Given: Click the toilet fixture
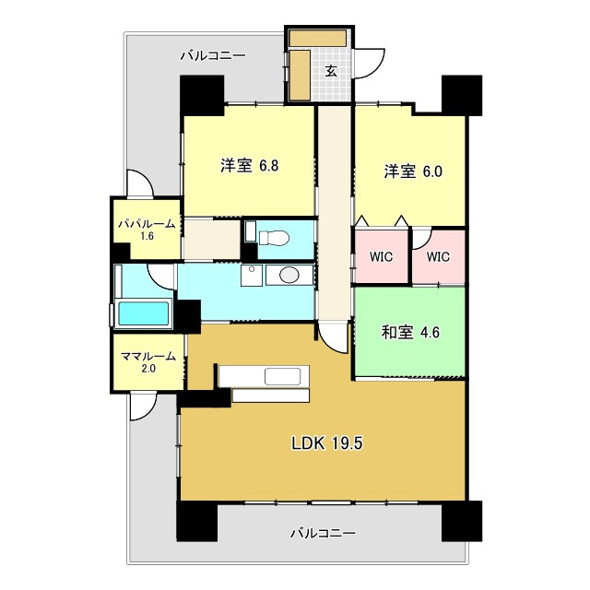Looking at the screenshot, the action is coord(274,238).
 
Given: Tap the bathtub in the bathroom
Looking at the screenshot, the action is coord(144,313).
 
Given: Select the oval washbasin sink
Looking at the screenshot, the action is coord(289,275).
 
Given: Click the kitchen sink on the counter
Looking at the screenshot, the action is coord(283,376).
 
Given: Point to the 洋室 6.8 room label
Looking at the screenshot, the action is coord(250,166).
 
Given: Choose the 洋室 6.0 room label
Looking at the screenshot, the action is coord(413,171).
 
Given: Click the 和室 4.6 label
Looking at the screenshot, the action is coord(410,332).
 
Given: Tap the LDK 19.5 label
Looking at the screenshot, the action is coord(327,443).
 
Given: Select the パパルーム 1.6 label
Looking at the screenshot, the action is coord(147,230).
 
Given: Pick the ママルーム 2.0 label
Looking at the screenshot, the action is coord(148,362).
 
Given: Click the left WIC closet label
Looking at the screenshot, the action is coord(381,257).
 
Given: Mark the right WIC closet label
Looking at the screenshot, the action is coord(438,257).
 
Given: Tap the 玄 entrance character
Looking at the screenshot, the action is coord(331,71).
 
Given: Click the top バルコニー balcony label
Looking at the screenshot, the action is coord(213,56).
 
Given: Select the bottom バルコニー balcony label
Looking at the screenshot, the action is coord(323,533).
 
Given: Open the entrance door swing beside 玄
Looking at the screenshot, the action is coord(369,64).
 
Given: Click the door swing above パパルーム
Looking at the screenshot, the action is coord(139,183).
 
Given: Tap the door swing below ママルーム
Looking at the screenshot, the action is coord(143,406).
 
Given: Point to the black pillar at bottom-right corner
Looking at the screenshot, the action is coord(462,521).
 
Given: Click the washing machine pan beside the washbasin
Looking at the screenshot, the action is coord(252,276).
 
